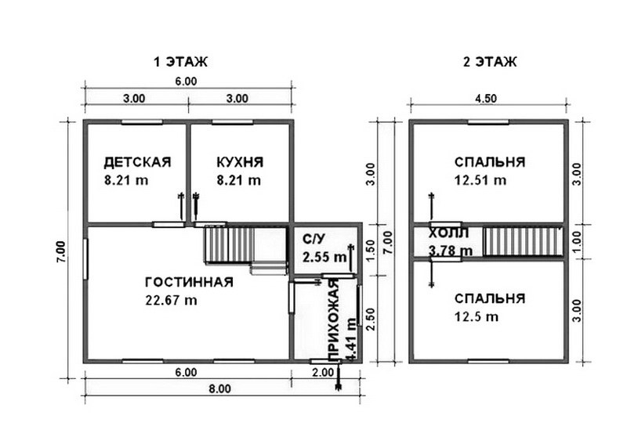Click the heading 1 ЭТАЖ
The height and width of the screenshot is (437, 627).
coord(181,62)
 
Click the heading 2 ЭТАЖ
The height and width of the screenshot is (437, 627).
coord(491,62)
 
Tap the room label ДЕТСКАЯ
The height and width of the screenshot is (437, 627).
coord(137,162)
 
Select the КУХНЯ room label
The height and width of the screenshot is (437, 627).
coord(240,162)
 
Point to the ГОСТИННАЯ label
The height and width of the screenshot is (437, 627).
coord(189,282)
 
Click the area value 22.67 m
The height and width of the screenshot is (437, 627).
coord(171,300)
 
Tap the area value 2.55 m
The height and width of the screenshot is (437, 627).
coord(324,257)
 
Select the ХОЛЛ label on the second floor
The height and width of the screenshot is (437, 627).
coord(448,233)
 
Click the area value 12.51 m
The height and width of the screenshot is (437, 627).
coord(480,180)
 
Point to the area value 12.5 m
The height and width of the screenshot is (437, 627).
coord(477,316)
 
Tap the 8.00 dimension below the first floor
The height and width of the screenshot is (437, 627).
coord(220,388)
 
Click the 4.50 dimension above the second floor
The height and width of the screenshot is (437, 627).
coord(486,98)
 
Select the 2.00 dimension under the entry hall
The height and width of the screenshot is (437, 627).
coord(323,372)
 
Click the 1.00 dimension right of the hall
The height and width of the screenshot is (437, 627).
coord(576,242)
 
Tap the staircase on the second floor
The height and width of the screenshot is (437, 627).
coord(522,242)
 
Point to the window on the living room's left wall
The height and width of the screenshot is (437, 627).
coord(85,259)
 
